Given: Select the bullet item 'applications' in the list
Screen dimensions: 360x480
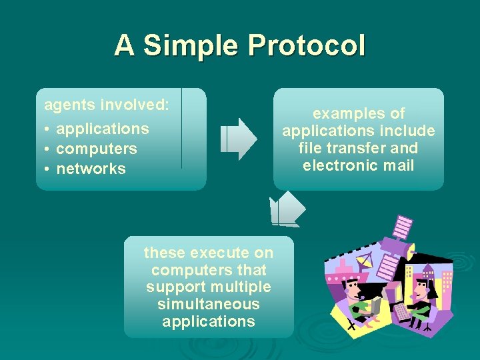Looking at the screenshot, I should click(102, 129).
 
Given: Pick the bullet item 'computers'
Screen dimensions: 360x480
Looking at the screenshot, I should click(97, 149).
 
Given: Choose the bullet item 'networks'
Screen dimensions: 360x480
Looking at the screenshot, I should click(91, 169).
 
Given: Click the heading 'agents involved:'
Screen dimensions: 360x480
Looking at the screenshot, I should click(107, 105).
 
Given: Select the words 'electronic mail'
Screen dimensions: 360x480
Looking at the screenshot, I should click(359, 165).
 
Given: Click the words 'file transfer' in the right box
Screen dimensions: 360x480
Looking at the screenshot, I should click(340, 148).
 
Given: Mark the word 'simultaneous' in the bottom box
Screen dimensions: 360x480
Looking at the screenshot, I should click(209, 304).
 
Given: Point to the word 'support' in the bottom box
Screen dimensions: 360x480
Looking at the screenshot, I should click(175, 287).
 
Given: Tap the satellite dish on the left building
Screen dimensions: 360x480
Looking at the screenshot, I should click(364, 263).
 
